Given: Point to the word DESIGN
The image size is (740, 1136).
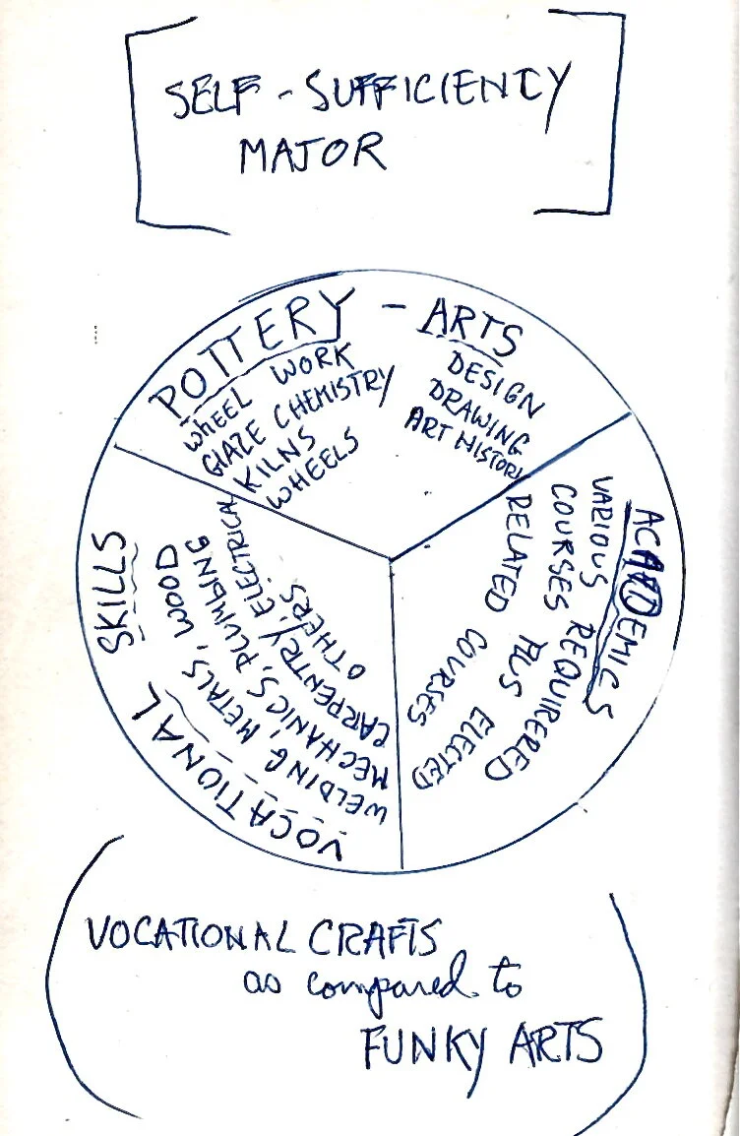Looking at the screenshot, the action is pos(492,383).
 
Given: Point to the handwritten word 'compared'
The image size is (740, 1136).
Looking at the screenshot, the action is pos(394,988).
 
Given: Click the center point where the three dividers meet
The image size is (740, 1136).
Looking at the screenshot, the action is pos(392,561).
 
